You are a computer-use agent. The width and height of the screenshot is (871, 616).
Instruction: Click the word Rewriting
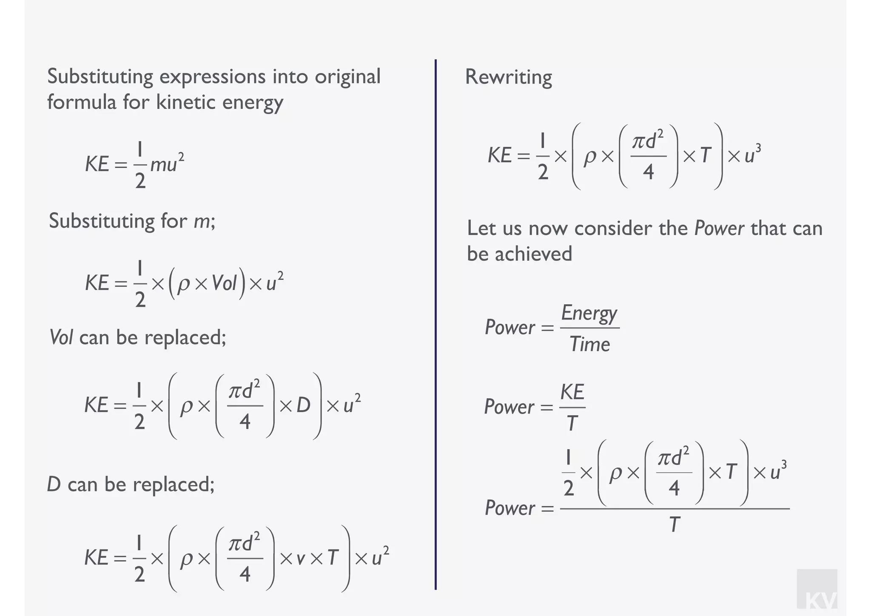pyautogui.click(x=508, y=77)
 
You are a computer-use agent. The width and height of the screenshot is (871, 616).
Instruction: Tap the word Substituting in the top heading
pyautogui.click(x=100, y=77)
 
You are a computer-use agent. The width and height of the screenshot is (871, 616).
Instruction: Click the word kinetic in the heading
pyautogui.click(x=185, y=103)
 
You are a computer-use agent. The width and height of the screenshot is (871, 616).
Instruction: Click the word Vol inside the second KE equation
pyautogui.click(x=224, y=283)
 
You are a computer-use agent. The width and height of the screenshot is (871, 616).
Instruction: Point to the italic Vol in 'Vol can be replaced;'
pyautogui.click(x=61, y=338)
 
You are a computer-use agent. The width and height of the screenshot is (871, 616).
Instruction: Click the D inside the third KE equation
pyautogui.click(x=303, y=405)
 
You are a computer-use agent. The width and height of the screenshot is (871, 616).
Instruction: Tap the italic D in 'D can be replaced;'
pyautogui.click(x=54, y=485)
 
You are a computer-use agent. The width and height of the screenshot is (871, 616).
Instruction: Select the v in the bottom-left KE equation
pyautogui.click(x=300, y=558)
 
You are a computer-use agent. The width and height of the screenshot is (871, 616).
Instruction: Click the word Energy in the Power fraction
pyautogui.click(x=589, y=314)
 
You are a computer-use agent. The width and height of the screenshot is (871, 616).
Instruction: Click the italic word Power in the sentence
pyautogui.click(x=719, y=229)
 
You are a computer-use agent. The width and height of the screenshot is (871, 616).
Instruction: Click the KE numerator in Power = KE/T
pyautogui.click(x=572, y=392)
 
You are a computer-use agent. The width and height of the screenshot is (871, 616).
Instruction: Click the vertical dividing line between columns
pyautogui.click(x=435, y=323)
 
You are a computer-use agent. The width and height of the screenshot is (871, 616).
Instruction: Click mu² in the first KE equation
pyautogui.click(x=167, y=164)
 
